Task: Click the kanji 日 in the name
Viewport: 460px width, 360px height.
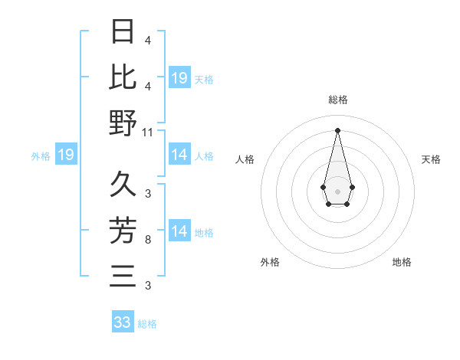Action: (123, 33)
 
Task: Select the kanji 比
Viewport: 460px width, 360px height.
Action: (123, 77)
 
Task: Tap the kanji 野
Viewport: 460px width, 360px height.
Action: (123, 123)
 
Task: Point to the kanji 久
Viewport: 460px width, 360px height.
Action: (123, 183)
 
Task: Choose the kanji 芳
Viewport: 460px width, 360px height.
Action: (123, 229)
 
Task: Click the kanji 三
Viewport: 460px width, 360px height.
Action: (123, 274)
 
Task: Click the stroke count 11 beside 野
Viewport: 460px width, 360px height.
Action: (148, 133)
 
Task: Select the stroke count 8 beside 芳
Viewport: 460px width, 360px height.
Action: (147, 241)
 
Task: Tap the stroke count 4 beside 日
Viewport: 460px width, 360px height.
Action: (147, 41)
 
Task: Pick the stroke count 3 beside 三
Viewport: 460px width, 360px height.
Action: (147, 286)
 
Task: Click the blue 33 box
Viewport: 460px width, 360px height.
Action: (123, 322)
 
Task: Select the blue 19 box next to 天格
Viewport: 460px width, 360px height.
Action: (179, 78)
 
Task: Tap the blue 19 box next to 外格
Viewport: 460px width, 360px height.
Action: (66, 155)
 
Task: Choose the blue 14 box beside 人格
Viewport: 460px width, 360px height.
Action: (179, 155)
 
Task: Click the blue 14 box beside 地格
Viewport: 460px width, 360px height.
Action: (179, 231)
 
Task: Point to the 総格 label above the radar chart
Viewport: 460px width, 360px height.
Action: (337, 100)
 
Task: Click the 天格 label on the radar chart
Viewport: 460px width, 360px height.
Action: (431, 159)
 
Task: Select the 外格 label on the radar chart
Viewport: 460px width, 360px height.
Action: (269, 262)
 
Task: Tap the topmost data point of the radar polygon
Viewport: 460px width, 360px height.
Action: (337, 129)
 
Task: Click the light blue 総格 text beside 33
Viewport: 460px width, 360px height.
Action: (147, 324)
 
